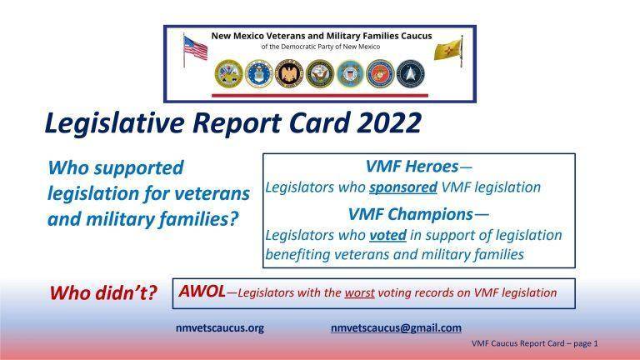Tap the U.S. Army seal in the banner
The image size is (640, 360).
pyautogui.click(x=227, y=73)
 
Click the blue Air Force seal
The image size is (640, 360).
pyautogui.click(x=257, y=73)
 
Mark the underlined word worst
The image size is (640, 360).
pyautogui.click(x=390, y=292)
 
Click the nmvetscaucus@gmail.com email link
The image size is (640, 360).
pyautogui.click(x=396, y=327)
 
